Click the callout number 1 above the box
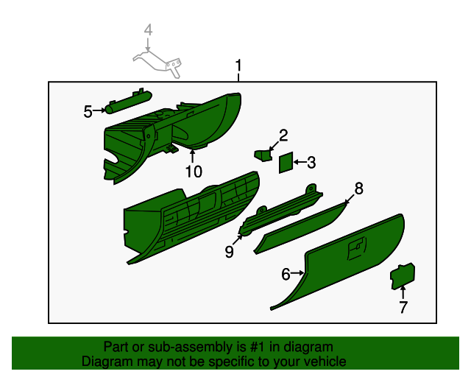pyautogui.click(x=238, y=66)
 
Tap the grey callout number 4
pyautogui.click(x=148, y=29)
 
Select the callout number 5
pyautogui.click(x=88, y=111)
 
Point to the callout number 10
pyautogui.click(x=194, y=172)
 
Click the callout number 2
pyautogui.click(x=283, y=135)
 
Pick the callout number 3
pyautogui.click(x=311, y=162)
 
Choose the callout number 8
pyautogui.click(x=358, y=188)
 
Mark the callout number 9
pyautogui.click(x=229, y=251)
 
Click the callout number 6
pyautogui.click(x=286, y=274)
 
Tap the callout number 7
pyautogui.click(x=403, y=307)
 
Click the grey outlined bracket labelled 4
pyautogui.click(x=157, y=64)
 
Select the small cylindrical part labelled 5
pyautogui.click(x=128, y=102)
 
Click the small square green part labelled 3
pyautogui.click(x=286, y=163)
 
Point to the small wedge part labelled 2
pyautogui.click(x=263, y=155)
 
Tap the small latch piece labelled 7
pyautogui.click(x=403, y=276)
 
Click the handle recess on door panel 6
pyautogui.click(x=357, y=247)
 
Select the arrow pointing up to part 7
pyautogui.click(x=403, y=292)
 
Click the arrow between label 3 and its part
pyautogui.click(x=300, y=162)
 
